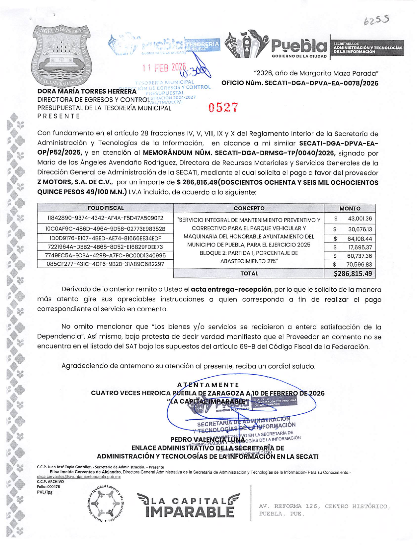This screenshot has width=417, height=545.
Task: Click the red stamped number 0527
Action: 223,108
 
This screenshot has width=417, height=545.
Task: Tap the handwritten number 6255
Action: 377,21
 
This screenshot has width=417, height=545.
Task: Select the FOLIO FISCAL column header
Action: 105,208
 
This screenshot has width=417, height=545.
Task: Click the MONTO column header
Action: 350,208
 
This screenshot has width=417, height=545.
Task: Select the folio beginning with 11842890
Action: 105,218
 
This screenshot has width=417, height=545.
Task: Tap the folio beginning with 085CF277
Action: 105,264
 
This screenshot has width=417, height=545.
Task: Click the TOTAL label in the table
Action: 249,273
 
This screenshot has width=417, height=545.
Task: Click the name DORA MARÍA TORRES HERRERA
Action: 87,91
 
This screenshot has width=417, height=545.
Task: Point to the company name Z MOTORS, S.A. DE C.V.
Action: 75,182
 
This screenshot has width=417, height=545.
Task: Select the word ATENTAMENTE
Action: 208,385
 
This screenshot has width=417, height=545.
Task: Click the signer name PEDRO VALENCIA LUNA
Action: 208,440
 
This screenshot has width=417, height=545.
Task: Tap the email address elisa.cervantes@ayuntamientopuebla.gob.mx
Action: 79,477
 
